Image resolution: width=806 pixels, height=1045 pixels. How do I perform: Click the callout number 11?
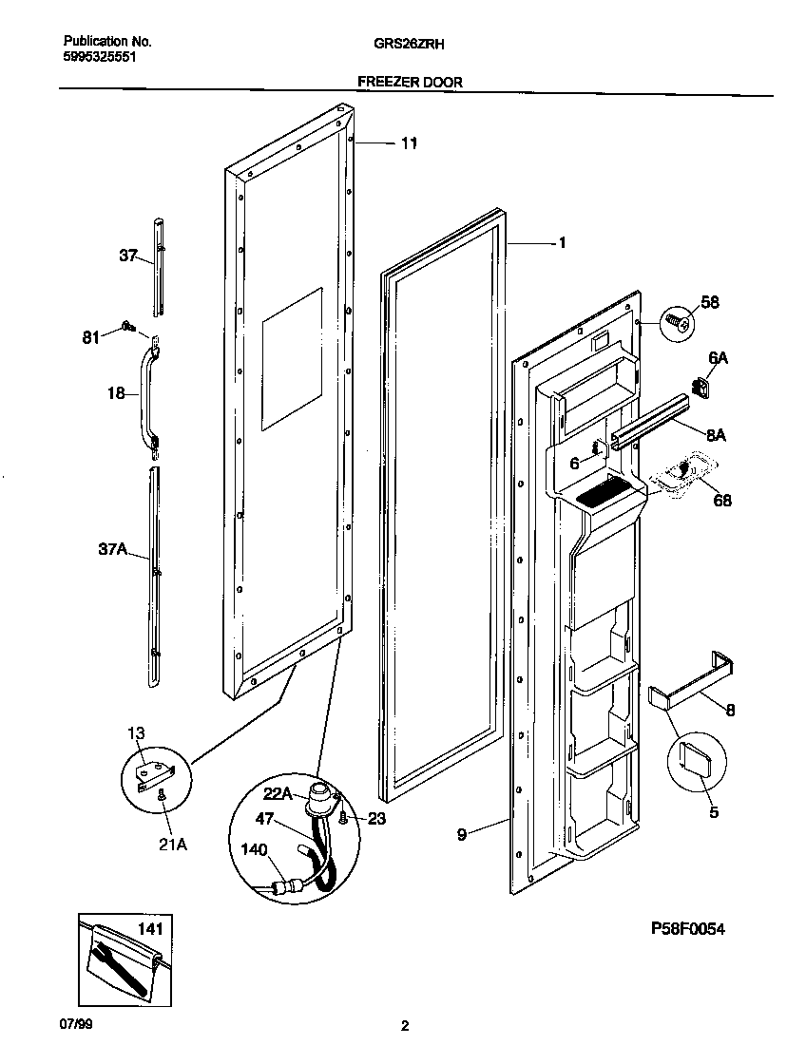click(408, 144)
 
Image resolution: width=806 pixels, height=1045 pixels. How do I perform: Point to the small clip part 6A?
click(703, 387)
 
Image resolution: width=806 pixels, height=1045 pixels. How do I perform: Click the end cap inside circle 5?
click(697, 760)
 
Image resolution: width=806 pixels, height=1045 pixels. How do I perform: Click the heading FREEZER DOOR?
click(410, 83)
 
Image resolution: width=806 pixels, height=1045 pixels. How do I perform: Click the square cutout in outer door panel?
click(293, 357)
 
